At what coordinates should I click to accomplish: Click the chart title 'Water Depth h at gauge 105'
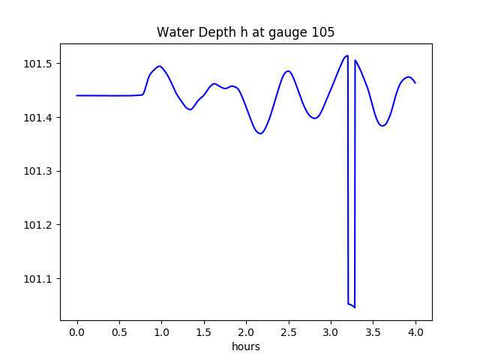tap(245, 33)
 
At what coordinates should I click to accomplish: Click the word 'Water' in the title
tap(173, 33)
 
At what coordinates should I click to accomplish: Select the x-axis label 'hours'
tap(246, 347)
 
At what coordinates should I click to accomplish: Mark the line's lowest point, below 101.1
tap(355, 307)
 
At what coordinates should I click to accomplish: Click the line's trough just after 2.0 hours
tap(260, 133)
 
